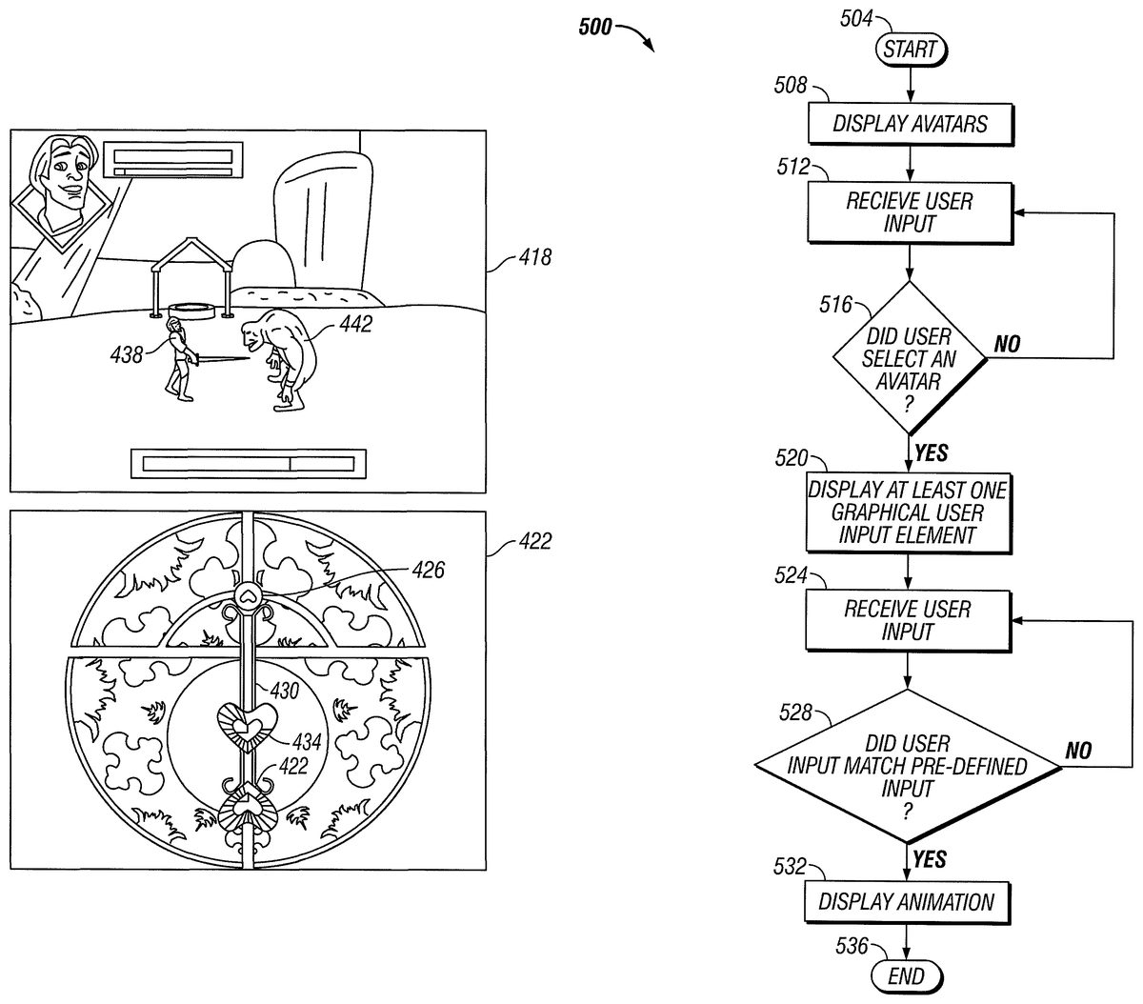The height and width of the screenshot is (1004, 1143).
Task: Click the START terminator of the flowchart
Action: coord(910,49)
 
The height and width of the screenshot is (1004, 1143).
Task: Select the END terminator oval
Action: coord(905,975)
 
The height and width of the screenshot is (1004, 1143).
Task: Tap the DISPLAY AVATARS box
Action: coord(910,123)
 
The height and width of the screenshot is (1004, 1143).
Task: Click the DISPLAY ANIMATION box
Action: coord(906,901)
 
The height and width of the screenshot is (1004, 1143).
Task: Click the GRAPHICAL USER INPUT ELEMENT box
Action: coord(907,512)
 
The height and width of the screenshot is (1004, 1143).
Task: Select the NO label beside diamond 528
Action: coord(1077,751)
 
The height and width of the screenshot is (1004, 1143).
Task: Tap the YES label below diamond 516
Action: coord(931,452)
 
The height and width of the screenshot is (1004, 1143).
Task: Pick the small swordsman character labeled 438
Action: coord(177,360)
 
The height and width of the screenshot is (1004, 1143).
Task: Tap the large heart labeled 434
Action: coord(245,725)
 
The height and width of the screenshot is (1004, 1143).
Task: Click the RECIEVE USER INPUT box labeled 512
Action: coord(909,212)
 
